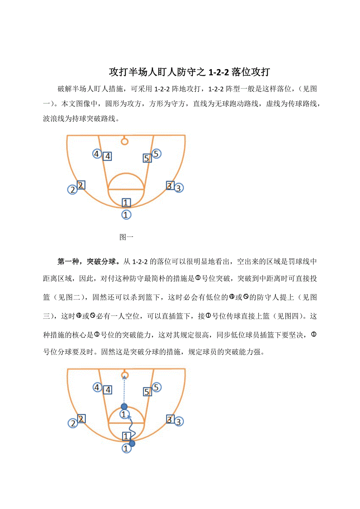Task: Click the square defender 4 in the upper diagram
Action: pos(107,156)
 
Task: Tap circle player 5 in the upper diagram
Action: pos(156,154)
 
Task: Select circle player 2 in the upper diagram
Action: pos(72,190)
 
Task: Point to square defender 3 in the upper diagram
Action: pos(169,186)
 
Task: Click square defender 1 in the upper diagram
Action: pos(126,203)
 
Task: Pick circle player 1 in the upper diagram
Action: pos(126,215)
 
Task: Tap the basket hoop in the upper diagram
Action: pos(124,141)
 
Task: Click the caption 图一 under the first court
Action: pos(127,237)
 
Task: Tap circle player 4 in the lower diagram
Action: pos(97,387)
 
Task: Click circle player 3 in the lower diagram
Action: pos(178,422)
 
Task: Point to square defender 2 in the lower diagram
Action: pos(81,419)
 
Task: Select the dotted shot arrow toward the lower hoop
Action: pos(124,391)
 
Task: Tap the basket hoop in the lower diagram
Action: pos(124,376)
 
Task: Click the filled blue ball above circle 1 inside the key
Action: pos(124,407)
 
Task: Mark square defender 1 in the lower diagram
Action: pos(126,436)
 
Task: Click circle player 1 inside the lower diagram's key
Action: pos(124,414)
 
